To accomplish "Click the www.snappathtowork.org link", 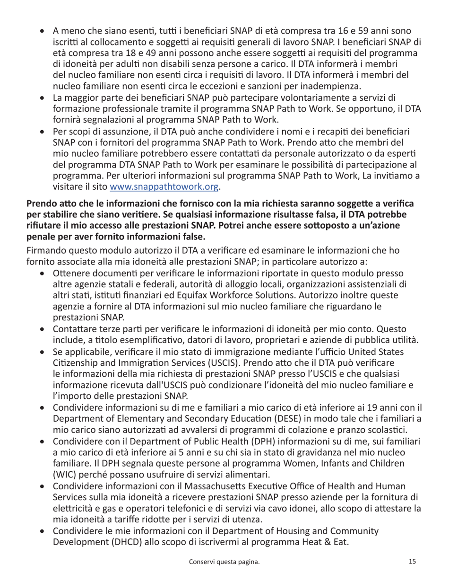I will click(164, 187).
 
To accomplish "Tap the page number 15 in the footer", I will click(412, 562).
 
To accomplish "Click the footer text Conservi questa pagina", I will click(224, 562).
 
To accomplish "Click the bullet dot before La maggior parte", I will click(43, 98).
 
